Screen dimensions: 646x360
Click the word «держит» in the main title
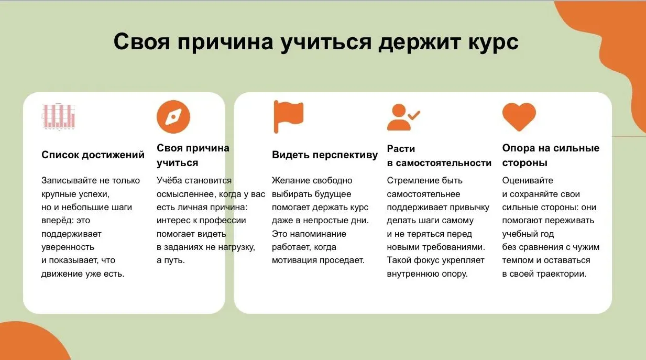click(419, 42)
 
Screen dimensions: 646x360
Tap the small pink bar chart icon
click(59, 116)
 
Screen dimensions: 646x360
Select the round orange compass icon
click(173, 117)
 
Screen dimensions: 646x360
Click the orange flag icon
click(288, 117)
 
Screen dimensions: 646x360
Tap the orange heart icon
click(519, 117)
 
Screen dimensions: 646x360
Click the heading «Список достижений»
click(93, 155)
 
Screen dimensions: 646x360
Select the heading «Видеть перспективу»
click(325, 155)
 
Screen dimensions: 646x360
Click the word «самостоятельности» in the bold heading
click(444, 163)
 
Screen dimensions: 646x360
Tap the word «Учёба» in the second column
click(169, 180)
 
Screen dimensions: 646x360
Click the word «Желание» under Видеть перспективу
click(291, 180)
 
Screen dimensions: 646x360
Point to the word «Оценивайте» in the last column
click(528, 181)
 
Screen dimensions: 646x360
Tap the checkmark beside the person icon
click(414, 115)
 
